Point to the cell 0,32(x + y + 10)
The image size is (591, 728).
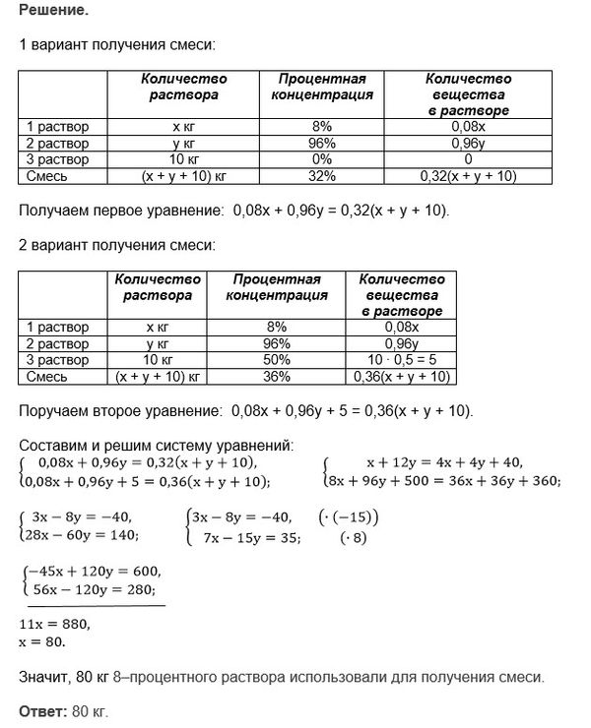coord(468,176)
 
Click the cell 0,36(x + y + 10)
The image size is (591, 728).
coord(399,377)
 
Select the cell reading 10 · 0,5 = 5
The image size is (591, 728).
coord(399,360)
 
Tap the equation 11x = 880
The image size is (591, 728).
coord(55,624)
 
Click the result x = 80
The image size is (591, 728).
coord(42,641)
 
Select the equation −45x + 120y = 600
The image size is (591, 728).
coord(95,573)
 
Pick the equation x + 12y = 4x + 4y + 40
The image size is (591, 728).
coord(445,463)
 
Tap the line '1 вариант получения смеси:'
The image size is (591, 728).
coord(116,45)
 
